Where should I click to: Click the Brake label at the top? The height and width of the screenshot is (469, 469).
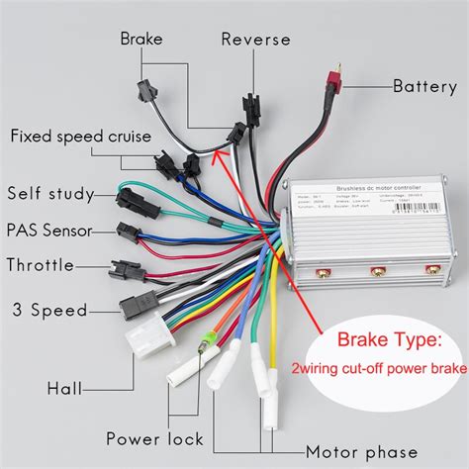tap(141, 39)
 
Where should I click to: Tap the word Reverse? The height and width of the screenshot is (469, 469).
tap(255, 40)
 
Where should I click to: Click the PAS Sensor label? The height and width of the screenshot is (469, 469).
tap(48, 231)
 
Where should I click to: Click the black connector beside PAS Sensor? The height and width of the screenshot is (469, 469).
tap(127, 233)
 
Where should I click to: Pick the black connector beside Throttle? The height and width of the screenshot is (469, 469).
tap(123, 266)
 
